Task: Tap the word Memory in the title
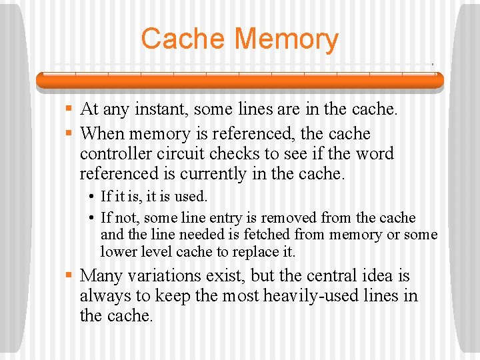coord(289,40)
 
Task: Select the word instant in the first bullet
coord(155,109)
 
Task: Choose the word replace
coord(257,253)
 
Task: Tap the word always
coord(103,296)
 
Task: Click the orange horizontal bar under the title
coord(239,80)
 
